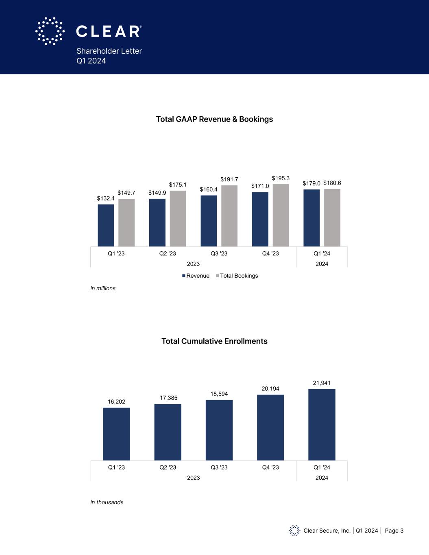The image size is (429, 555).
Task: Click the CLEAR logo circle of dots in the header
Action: (50, 31)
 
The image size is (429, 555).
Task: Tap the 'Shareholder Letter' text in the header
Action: (109, 51)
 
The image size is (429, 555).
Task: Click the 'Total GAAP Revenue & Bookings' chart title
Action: (214, 119)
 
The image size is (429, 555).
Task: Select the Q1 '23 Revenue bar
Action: (106, 225)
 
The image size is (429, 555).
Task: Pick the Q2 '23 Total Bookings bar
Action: (178, 218)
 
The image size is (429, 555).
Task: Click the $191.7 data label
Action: (229, 179)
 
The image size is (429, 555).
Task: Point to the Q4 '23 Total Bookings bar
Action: (281, 215)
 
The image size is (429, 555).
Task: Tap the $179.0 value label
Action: (311, 183)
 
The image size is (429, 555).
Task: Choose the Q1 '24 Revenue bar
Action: (311, 218)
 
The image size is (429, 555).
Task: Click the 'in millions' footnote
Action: (103, 288)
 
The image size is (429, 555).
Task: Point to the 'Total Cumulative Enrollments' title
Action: (214, 341)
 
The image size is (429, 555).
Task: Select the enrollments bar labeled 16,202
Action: (116, 434)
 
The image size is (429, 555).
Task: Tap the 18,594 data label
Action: (219, 394)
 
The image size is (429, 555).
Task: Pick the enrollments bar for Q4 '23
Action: (270, 427)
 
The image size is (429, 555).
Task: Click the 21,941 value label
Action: (322, 383)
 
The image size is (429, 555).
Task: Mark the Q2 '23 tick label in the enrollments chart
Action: (168, 467)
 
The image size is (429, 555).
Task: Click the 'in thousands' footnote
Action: (107, 502)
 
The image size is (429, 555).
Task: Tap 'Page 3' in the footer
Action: (394, 531)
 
